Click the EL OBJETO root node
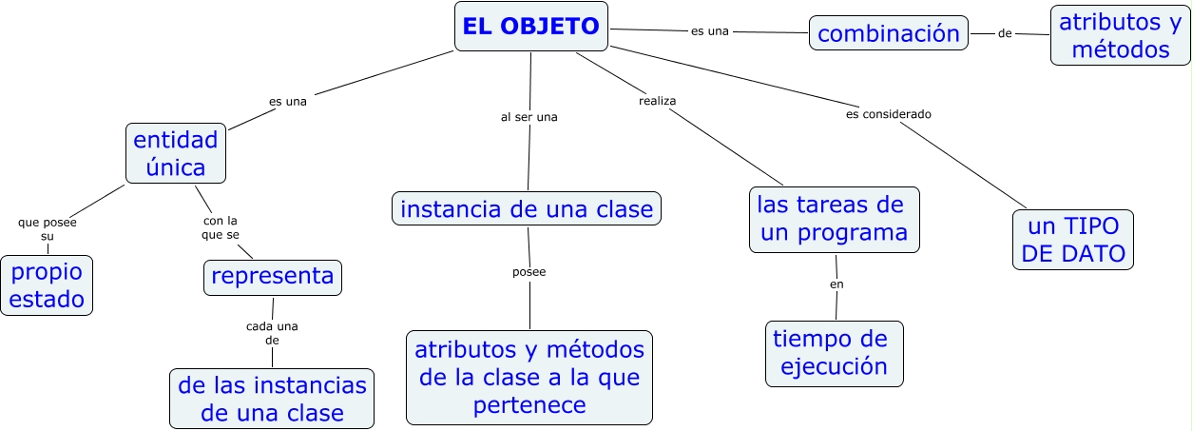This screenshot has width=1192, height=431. [531, 27]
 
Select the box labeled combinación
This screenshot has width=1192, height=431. [889, 33]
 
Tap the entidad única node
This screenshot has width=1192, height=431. [176, 153]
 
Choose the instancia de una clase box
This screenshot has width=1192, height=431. [527, 208]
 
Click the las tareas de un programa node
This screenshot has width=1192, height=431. [835, 219]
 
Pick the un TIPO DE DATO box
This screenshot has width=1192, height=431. [1073, 240]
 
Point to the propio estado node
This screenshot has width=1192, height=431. [47, 285]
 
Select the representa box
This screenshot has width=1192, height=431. [273, 277]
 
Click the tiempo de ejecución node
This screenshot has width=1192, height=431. [834, 353]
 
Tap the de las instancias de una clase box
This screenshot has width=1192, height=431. [272, 399]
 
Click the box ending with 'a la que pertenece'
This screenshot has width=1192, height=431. [529, 377]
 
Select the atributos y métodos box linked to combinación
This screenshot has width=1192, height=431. [1121, 35]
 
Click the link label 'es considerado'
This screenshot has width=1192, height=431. [889, 114]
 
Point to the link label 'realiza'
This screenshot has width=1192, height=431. [657, 100]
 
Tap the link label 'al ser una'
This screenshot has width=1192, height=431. [529, 117]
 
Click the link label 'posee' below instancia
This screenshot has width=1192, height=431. [529, 272]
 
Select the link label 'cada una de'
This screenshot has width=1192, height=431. [272, 332]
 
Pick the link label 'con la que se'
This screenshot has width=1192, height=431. [221, 227]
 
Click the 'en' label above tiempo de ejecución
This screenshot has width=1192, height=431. [836, 284]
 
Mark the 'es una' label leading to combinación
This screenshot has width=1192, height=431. [710, 30]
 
